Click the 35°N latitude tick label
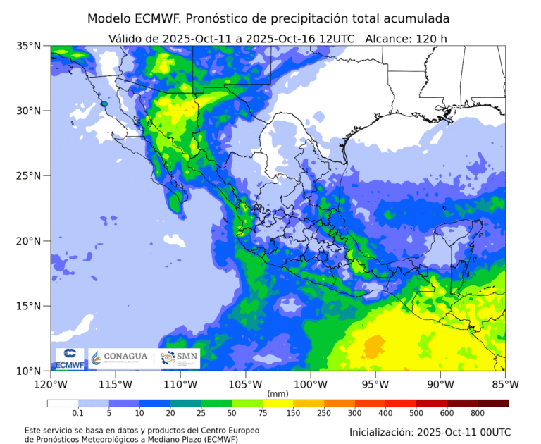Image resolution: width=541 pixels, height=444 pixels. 29,46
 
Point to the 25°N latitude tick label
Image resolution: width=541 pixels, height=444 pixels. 29,175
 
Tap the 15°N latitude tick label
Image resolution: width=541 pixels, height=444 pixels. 29,306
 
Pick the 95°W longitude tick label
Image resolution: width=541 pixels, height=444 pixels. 375,384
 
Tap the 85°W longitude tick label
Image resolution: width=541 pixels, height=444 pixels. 505,384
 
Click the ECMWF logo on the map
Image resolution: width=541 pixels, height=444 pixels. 69,358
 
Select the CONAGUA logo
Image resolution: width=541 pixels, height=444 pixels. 120,357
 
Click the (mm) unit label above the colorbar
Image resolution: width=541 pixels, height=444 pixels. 278,393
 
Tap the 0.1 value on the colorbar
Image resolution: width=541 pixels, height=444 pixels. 77,413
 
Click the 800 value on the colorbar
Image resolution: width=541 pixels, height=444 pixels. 478,413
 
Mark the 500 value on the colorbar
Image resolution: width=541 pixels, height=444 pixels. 416,413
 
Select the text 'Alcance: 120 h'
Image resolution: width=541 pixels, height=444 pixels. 406,38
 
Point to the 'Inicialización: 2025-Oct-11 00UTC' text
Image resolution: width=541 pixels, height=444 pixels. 430,431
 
